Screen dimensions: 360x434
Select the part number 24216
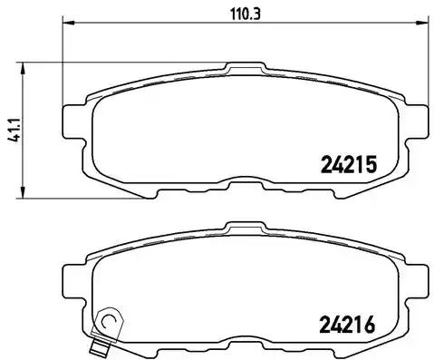click(348, 323)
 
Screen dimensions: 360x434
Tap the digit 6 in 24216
click(370, 323)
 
